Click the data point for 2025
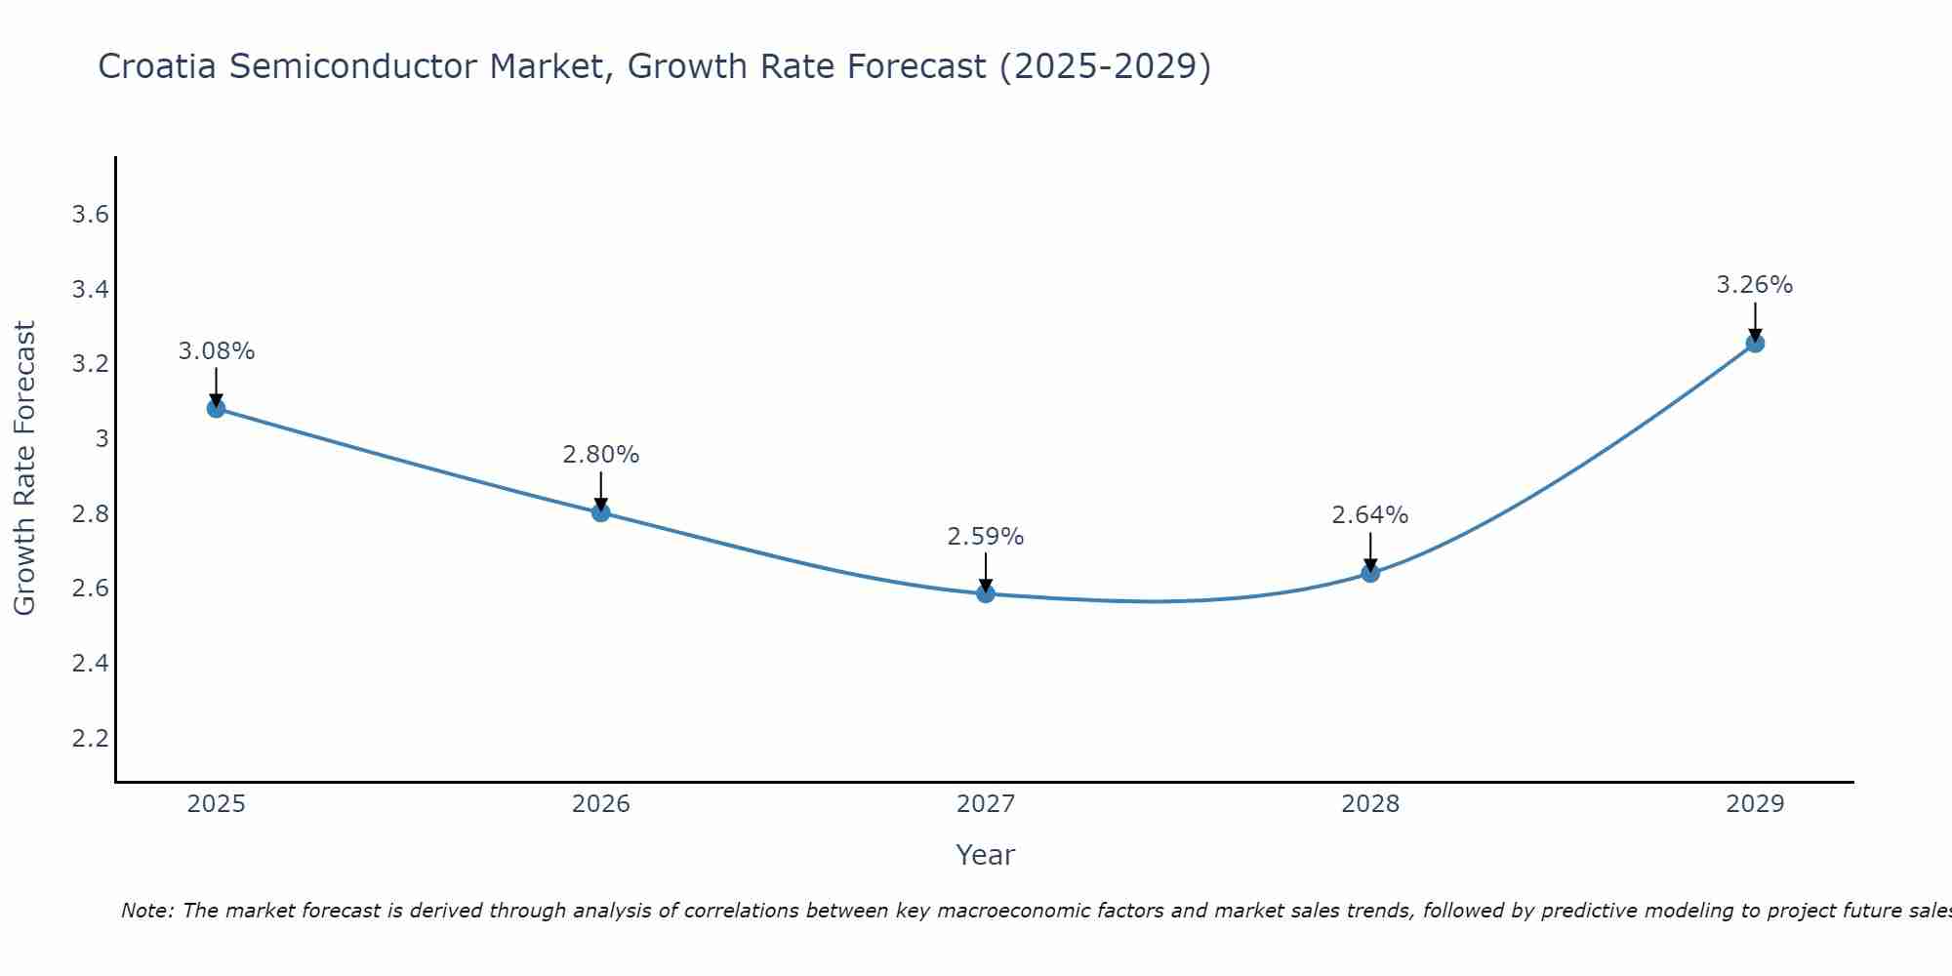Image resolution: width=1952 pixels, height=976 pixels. pyautogui.click(x=216, y=408)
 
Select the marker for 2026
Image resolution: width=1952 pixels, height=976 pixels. pyautogui.click(x=600, y=512)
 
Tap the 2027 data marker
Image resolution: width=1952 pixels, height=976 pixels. pyautogui.click(x=986, y=593)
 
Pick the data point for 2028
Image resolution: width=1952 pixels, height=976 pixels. pyautogui.click(x=1370, y=573)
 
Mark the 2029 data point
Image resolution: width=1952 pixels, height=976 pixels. pyautogui.click(x=1755, y=344)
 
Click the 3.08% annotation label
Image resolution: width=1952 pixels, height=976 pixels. pyautogui.click(x=217, y=351)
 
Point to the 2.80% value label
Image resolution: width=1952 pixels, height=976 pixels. pyautogui.click(x=601, y=455)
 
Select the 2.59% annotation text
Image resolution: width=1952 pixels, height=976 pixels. pyautogui.click(x=986, y=537)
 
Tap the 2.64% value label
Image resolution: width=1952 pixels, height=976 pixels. pyautogui.click(x=1370, y=515)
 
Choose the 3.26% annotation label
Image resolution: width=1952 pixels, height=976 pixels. pyautogui.click(x=1755, y=285)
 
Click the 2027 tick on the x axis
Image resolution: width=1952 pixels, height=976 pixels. pyautogui.click(x=986, y=804)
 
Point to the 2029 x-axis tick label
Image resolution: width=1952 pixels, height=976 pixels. pyautogui.click(x=1755, y=804)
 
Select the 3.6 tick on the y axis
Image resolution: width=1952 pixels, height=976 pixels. pyautogui.click(x=90, y=215)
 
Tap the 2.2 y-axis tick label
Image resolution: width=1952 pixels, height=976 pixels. pyautogui.click(x=90, y=738)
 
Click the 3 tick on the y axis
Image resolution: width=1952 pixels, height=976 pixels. pyautogui.click(x=102, y=439)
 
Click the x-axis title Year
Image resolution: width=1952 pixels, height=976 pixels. pyautogui.click(x=986, y=855)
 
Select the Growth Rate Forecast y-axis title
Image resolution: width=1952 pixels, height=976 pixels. pyautogui.click(x=24, y=468)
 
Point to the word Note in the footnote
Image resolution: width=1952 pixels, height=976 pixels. pyautogui.click(x=146, y=911)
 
